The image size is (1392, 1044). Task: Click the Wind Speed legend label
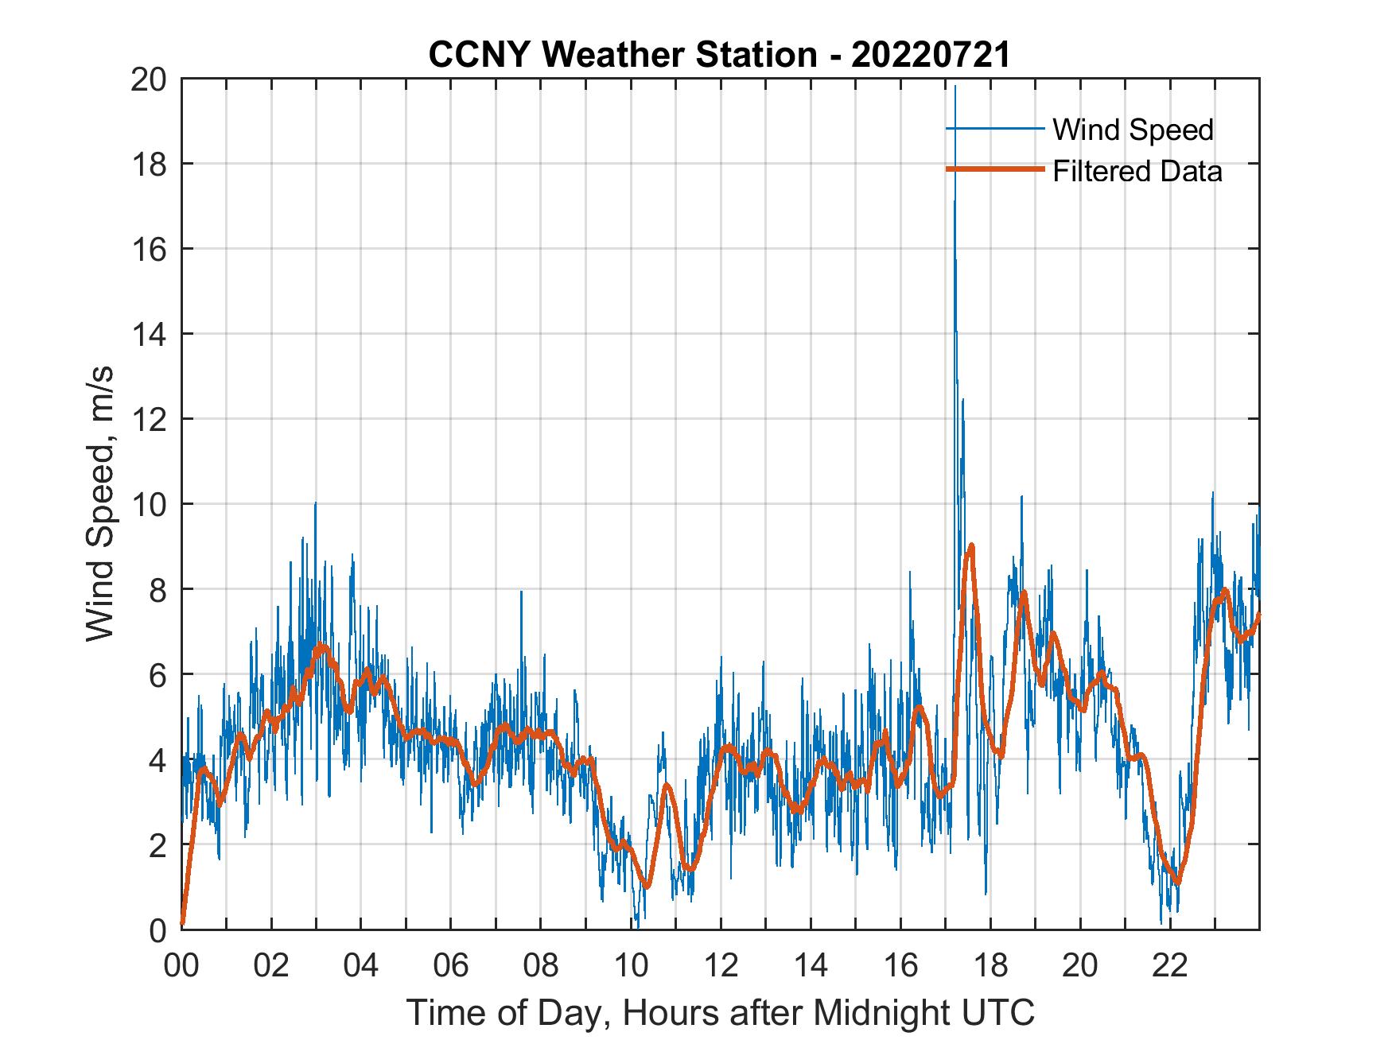coord(1133,130)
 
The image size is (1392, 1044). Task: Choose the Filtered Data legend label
coord(1137,171)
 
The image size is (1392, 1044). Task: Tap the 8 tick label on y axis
coord(157,590)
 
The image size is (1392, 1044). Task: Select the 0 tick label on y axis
coord(157,930)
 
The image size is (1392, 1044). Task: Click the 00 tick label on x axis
coord(181,966)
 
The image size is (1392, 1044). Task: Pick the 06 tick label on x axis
coord(451,966)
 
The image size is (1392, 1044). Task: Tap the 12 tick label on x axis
coord(721,966)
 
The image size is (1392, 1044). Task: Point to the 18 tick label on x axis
coord(990,966)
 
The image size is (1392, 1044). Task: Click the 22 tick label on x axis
coord(1170,966)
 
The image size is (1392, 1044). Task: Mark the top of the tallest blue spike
coord(955,86)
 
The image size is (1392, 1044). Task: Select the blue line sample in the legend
coord(994,129)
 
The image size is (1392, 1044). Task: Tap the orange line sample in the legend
coord(994,169)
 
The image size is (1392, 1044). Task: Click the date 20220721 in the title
coord(931,55)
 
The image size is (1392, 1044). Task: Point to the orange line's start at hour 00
coord(183,925)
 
